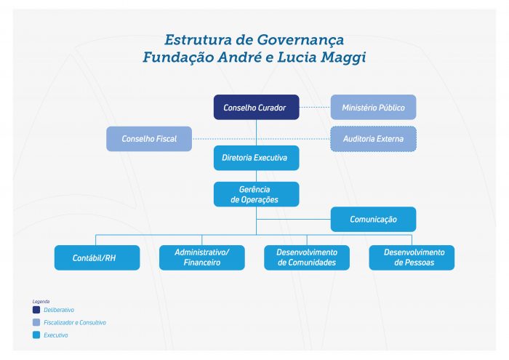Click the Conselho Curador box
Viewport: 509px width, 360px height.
pos(256,107)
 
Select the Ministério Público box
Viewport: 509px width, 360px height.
pos(373,107)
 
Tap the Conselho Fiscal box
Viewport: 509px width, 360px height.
pos(149,139)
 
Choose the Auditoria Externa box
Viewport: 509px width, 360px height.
pos(373,139)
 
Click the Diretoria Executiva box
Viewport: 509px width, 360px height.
pos(256,158)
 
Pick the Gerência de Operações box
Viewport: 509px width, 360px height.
pos(256,194)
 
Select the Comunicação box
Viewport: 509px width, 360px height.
pos(373,219)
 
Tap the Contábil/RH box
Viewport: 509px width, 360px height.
pos(97,257)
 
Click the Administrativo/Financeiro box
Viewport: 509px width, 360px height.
pos(202,257)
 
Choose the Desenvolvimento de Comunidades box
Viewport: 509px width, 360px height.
pos(307,257)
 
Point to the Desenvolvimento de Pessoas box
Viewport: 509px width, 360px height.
pos(412,257)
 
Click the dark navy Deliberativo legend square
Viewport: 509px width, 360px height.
pos(36,310)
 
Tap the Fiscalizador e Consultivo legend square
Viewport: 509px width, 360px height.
pos(36,322)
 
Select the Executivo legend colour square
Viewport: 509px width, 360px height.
pos(36,335)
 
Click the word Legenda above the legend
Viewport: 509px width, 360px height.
pos(41,302)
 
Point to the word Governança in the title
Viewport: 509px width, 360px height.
pos(300,40)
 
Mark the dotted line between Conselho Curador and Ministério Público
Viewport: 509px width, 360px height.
pos(315,107)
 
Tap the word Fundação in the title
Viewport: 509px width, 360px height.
pos(178,57)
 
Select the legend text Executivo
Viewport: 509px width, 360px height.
pos(56,335)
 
